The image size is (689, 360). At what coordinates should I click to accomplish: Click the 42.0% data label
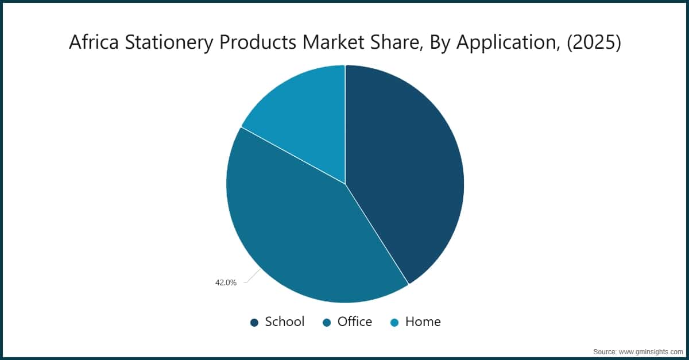[x=225, y=282]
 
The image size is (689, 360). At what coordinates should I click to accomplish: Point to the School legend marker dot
[x=254, y=323]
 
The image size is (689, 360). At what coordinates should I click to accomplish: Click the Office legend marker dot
[x=327, y=323]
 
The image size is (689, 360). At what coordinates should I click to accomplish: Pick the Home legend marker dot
[x=394, y=323]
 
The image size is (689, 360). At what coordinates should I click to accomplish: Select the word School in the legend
[x=284, y=322]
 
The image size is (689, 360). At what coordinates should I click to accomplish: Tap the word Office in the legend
[x=354, y=322]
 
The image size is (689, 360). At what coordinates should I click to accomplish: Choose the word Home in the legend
[x=423, y=322]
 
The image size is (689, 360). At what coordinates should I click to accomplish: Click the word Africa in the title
[x=90, y=42]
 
